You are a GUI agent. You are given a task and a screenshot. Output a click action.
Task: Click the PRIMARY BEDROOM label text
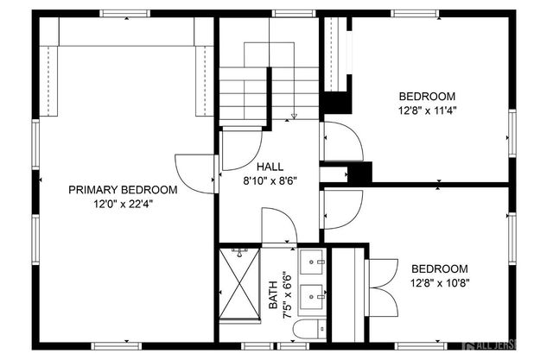pyautogui.click(x=123, y=190)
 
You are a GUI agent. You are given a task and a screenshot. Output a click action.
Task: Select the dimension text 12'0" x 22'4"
pyautogui.click(x=123, y=205)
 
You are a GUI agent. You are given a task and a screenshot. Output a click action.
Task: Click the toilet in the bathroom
pyautogui.click(x=309, y=329)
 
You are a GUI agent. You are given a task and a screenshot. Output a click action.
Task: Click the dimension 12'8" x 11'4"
pyautogui.click(x=427, y=111)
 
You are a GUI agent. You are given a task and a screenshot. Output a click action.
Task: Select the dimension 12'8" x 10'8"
pyautogui.click(x=439, y=283)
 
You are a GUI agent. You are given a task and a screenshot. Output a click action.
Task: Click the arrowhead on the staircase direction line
pyautogui.click(x=295, y=116)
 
